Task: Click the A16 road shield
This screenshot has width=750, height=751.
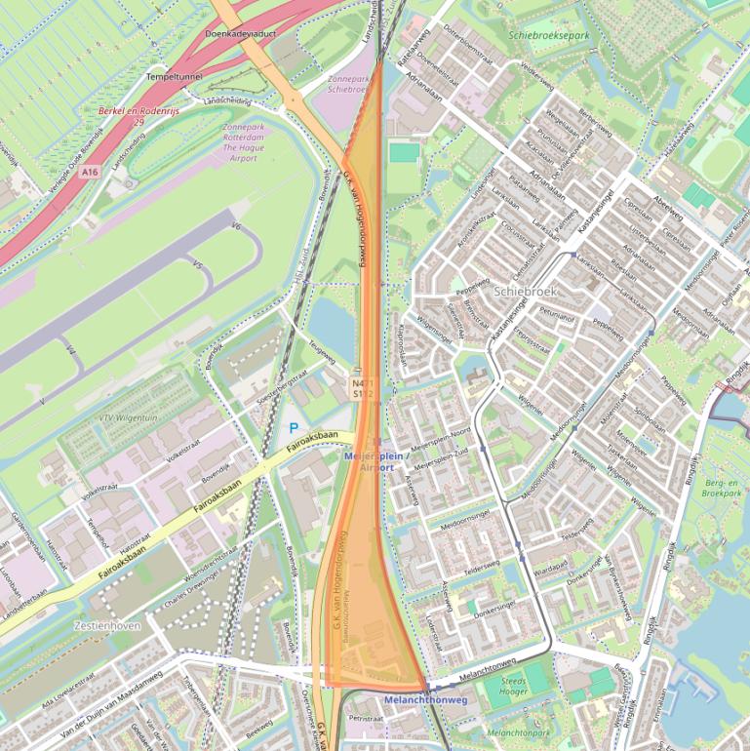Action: point(90,172)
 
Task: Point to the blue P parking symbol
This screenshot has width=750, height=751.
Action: point(294,427)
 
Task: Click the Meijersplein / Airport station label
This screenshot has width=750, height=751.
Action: point(371,461)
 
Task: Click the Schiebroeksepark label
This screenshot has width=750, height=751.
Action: point(548,35)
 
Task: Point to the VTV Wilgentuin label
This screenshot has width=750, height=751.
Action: point(127,416)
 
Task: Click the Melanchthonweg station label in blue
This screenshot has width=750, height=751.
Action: point(426,700)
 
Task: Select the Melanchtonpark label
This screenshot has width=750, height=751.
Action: point(518,731)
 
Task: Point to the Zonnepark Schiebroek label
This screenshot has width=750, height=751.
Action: point(346,82)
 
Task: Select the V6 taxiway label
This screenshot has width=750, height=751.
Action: point(235,226)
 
